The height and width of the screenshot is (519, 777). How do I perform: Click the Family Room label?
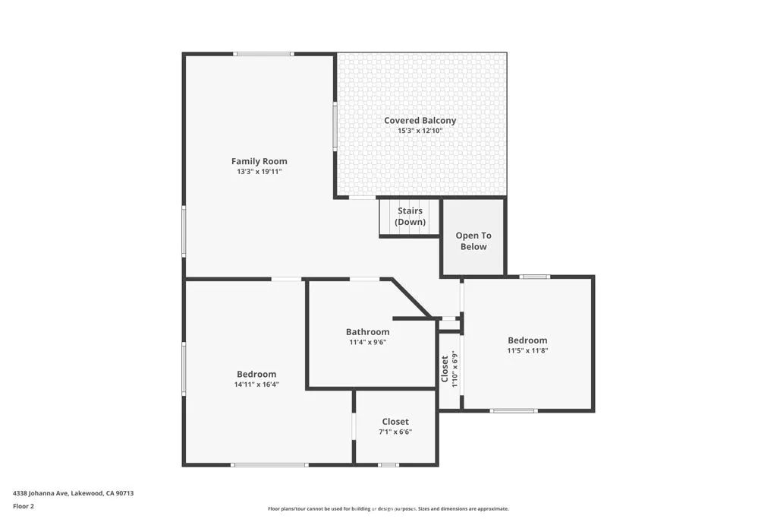point(259,161)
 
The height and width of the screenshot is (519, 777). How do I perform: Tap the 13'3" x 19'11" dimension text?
point(259,172)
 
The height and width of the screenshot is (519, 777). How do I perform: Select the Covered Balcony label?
point(420,120)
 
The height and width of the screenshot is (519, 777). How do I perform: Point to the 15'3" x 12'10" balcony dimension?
point(420,131)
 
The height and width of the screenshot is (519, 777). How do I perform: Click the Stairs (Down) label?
point(409,217)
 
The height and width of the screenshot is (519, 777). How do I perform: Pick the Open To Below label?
point(473,241)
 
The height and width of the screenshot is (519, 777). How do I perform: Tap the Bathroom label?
point(367,331)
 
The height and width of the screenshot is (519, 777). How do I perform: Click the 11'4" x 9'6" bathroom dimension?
point(367,342)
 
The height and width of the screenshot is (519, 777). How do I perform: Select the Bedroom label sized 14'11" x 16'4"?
point(256,374)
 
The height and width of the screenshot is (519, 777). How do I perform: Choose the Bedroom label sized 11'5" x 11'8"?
point(527,340)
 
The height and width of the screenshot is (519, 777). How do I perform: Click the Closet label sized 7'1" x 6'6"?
point(395,421)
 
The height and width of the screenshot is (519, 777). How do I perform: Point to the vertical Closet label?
point(445,369)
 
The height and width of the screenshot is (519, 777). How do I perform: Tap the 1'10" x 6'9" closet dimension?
point(454,369)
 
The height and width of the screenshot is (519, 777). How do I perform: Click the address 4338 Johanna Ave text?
point(73,493)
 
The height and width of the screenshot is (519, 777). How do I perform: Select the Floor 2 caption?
point(24,506)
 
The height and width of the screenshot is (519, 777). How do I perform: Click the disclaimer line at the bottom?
point(388,509)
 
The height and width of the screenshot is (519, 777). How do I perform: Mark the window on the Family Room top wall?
point(263,54)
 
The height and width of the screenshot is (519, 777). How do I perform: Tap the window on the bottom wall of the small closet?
point(388,464)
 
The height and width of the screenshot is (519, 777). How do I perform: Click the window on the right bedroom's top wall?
point(535,277)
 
